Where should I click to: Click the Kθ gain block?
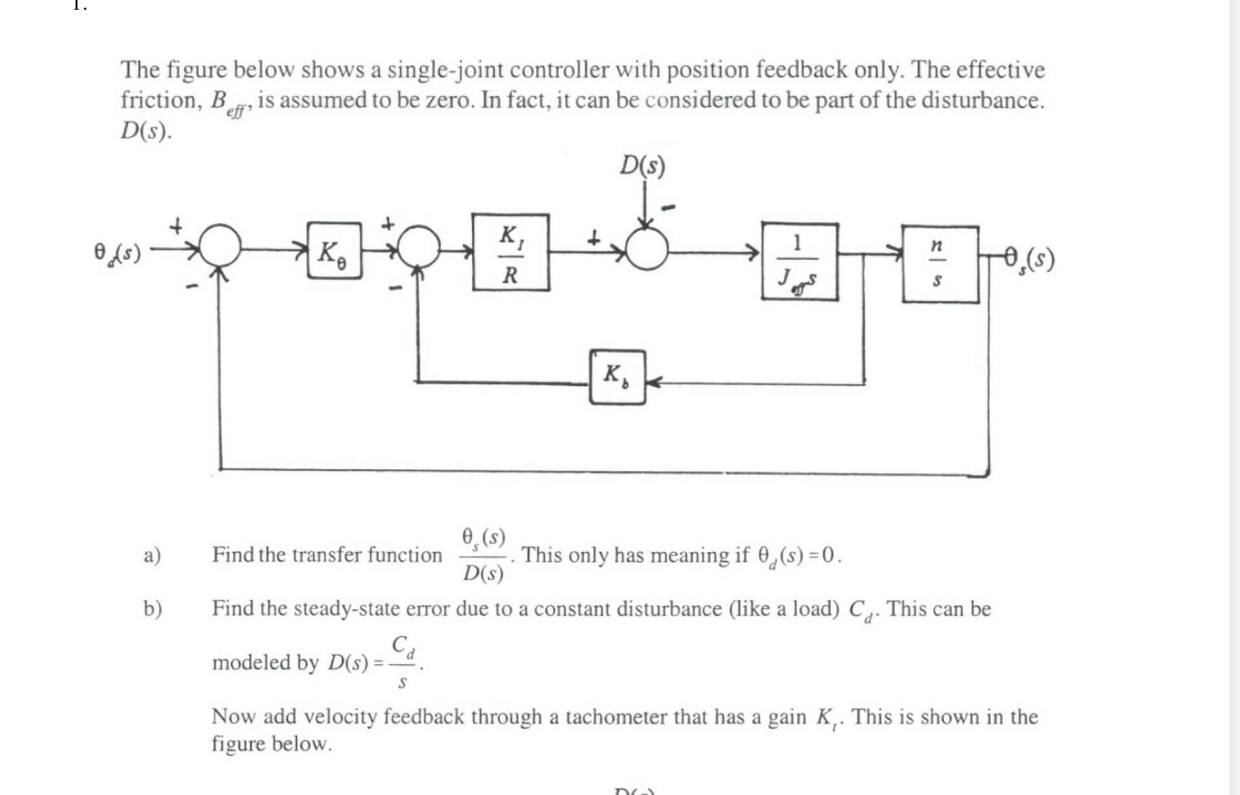pos(334,251)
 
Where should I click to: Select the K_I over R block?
pos(511,253)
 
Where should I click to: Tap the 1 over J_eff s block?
pos(800,262)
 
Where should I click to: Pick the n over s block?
pos(940,264)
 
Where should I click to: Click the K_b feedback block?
pos(617,377)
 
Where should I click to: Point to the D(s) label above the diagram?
pos(642,166)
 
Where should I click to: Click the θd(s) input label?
pos(117,251)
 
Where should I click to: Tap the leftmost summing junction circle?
pos(221,246)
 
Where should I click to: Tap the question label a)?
pos(152,555)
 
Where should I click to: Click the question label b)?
pos(153,608)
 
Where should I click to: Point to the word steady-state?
pos(346,608)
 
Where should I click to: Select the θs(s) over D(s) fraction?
pos(484,555)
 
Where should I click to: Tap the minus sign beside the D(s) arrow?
pos(668,208)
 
